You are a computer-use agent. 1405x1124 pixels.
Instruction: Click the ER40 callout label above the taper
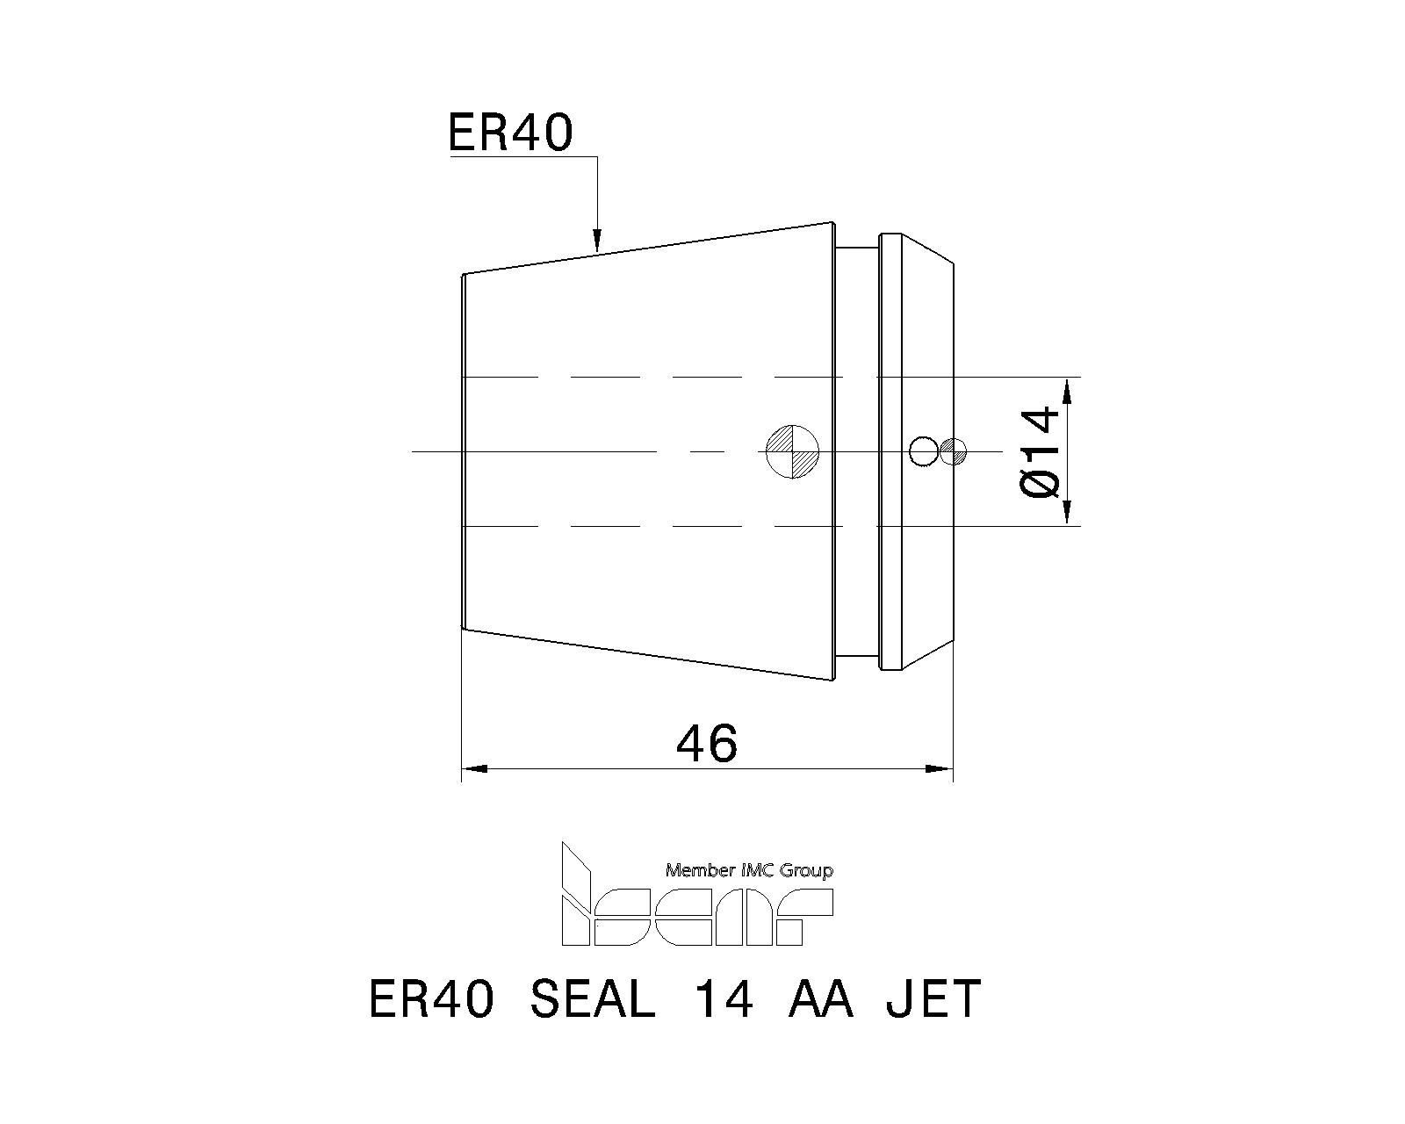coord(510,132)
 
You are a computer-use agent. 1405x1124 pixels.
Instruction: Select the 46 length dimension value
coord(707,743)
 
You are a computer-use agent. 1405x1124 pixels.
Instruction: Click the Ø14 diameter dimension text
coord(1040,451)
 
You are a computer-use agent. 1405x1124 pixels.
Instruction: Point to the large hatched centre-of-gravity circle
coord(792,451)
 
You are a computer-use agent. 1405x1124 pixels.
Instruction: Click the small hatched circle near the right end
coord(954,451)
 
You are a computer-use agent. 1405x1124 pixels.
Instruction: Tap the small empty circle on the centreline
coord(923,451)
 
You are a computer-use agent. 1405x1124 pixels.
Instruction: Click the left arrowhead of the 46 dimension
coord(475,768)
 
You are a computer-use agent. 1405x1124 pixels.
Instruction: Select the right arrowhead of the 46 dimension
coord(940,768)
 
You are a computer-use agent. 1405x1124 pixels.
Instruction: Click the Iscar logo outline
coord(697,895)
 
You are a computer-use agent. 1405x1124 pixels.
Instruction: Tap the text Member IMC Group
coord(749,870)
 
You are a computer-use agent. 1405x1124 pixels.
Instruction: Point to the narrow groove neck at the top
coord(856,247)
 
